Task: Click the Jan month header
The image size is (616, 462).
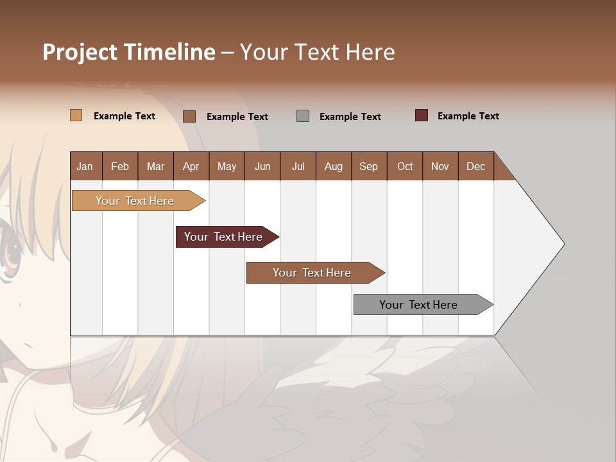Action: pos(85,166)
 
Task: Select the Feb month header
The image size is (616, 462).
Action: pos(120,166)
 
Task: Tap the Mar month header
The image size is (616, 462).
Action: pos(155,166)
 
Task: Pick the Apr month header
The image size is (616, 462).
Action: pos(191,166)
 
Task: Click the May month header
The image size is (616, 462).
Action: pos(227,166)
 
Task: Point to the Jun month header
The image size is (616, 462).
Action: pos(262,166)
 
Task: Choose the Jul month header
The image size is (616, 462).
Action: pos(298,166)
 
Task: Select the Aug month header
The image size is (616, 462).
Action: pos(334,166)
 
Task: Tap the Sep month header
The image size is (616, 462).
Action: pos(369,166)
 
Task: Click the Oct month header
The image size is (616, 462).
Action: pos(405,166)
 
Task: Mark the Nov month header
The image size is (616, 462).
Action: pos(440,166)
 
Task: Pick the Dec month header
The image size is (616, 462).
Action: pos(476,166)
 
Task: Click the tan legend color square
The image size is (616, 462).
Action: pos(76,116)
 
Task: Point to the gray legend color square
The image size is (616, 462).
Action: pos(303,116)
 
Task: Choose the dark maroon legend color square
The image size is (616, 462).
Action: pos(422,116)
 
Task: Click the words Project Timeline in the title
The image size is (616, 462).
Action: pos(129,52)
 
